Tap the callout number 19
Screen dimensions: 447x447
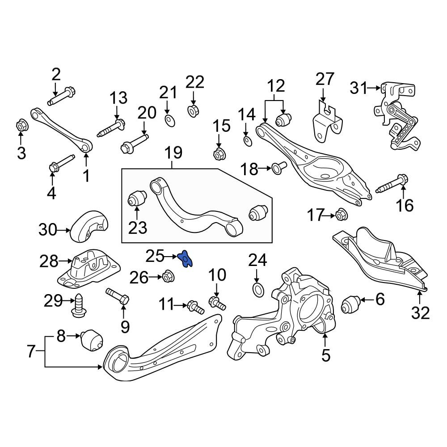174,153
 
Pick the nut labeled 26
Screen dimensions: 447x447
168,276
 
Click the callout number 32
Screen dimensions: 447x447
420,313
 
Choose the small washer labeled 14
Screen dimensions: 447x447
248,141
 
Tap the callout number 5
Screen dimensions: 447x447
326,355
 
